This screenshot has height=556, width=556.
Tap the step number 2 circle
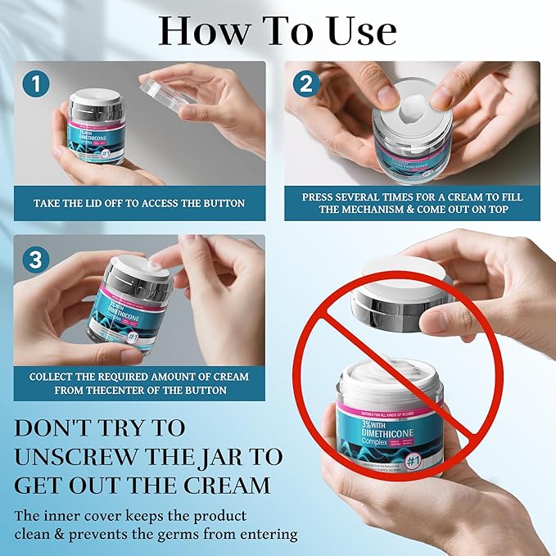click(x=305, y=83)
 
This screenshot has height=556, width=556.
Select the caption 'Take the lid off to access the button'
click(x=139, y=202)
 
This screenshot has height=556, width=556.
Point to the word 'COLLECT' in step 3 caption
click(x=58, y=377)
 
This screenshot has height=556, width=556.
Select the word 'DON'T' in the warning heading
click(x=58, y=427)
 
